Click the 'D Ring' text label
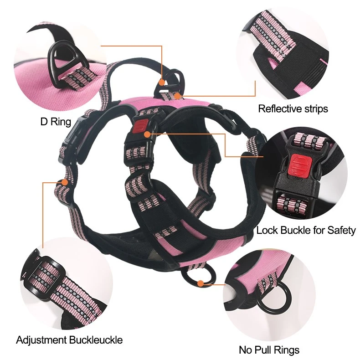coord(56,122)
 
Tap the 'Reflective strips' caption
coord(293,108)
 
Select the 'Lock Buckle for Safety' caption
coord(306,230)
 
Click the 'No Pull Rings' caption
coord(269,350)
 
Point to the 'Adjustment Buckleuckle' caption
coord(69,340)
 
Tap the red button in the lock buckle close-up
coord(300,165)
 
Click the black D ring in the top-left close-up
coord(53,60)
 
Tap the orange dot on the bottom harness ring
coord(201,283)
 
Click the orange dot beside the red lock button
coord(147,134)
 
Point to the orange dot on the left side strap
coord(65,183)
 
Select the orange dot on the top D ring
coord(162,82)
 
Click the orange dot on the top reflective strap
coord(177,95)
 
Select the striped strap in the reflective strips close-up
coord(271,35)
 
